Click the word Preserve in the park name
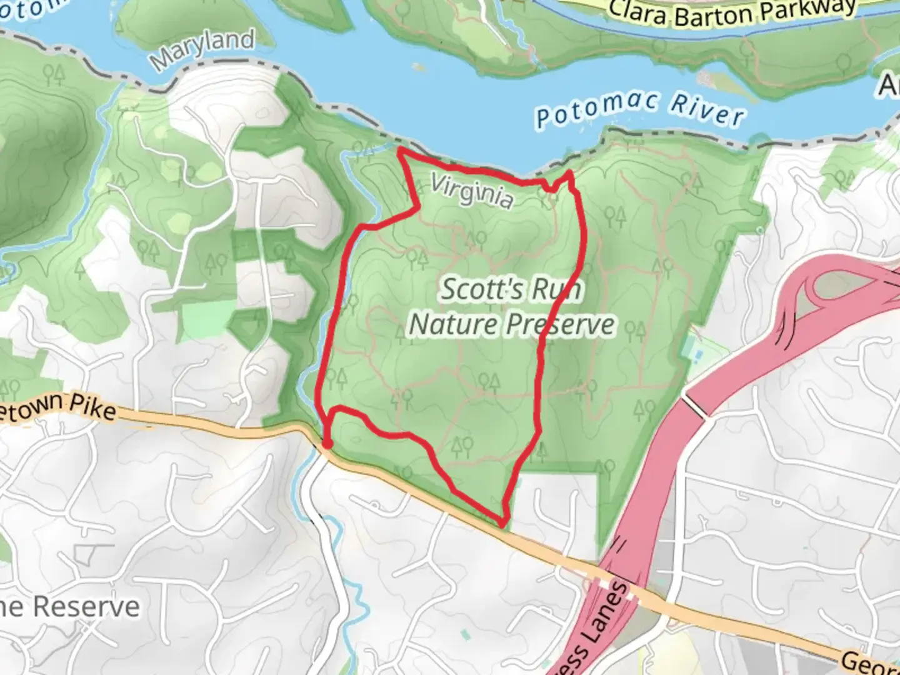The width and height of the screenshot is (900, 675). point(561,325)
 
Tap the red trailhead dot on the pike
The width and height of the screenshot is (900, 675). point(326,444)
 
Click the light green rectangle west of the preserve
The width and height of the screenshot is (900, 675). point(208,317)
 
